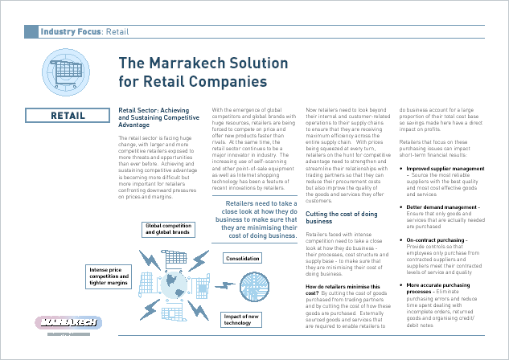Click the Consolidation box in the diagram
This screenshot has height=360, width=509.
point(242,260)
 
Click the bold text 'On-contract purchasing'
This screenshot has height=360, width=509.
point(439,239)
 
